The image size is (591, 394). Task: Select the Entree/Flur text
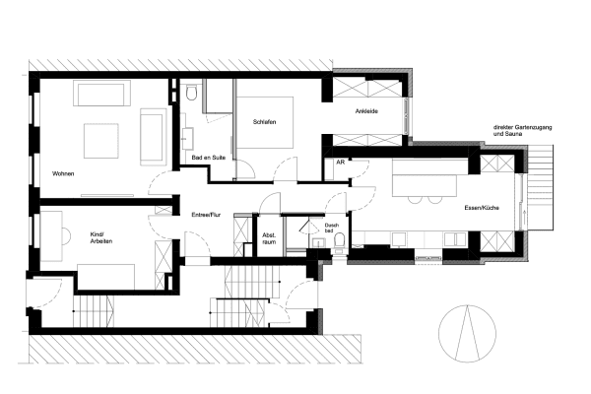point(205,213)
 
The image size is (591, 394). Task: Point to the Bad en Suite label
point(208,159)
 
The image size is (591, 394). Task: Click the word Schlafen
point(264,121)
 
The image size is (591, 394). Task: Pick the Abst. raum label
point(269,238)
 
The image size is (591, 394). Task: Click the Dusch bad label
point(332,230)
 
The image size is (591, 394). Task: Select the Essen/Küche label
point(485,209)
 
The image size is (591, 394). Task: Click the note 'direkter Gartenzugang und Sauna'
point(522,132)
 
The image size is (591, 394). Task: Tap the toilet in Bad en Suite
point(192,94)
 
